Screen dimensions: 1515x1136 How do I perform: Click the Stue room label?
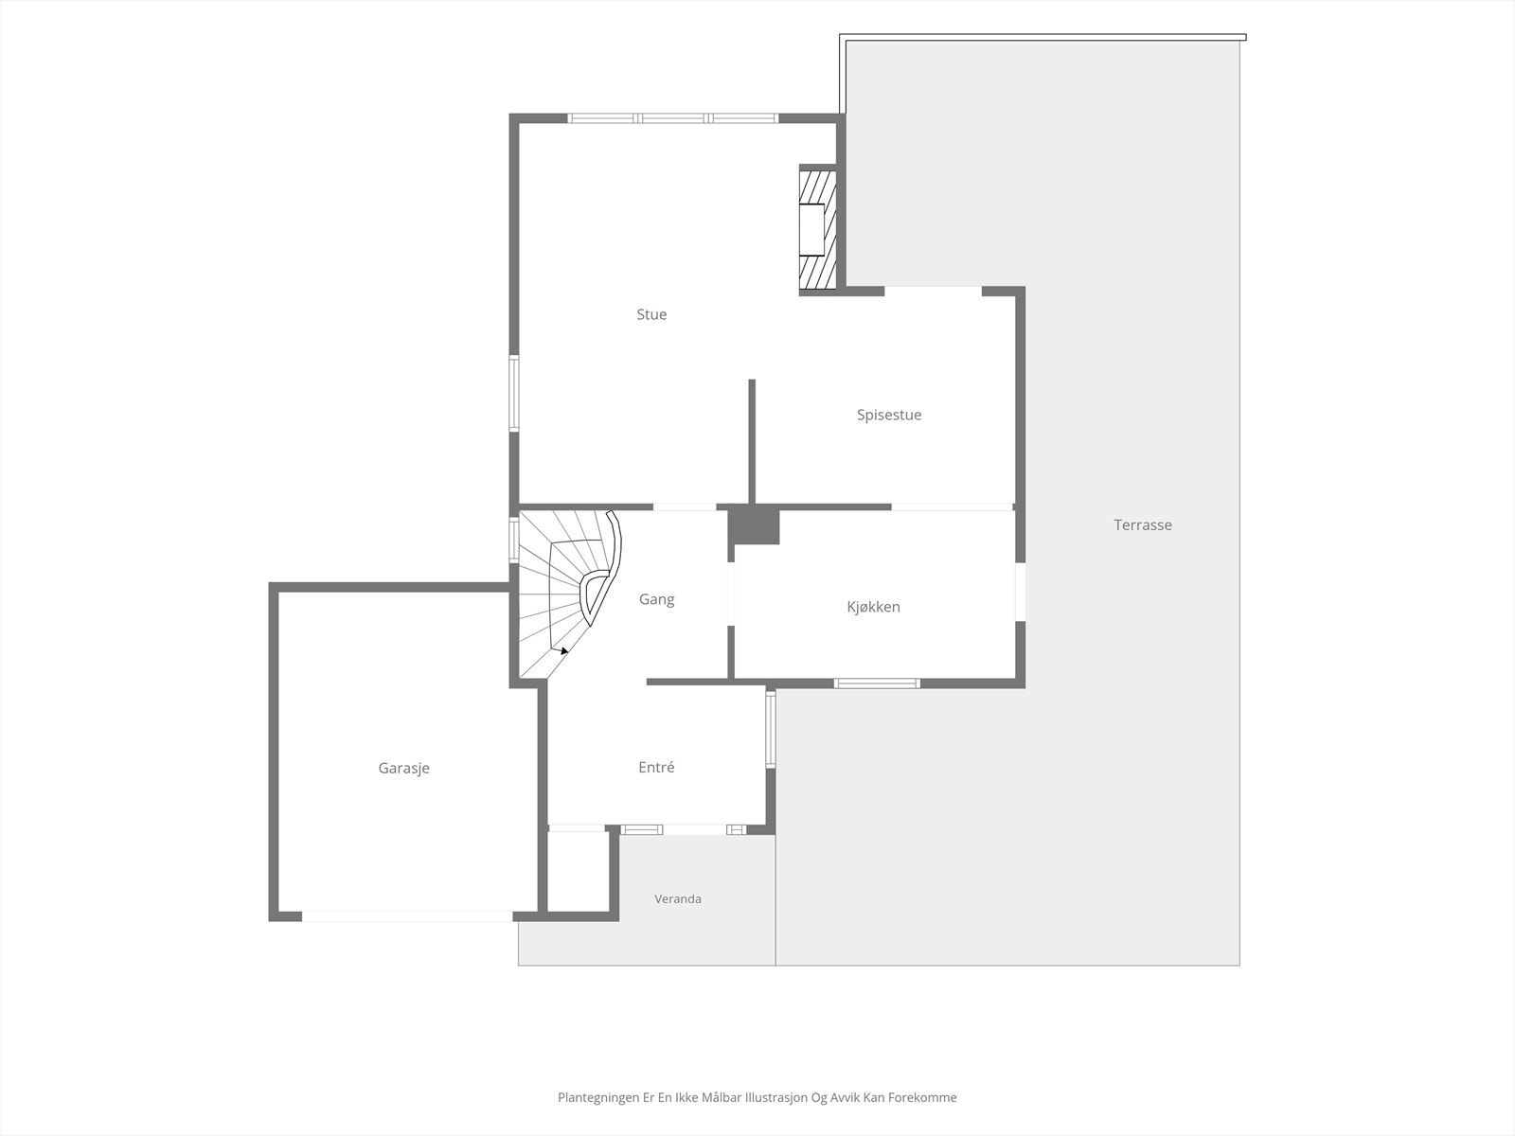coord(651,314)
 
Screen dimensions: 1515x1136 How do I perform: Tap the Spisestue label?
coord(889,416)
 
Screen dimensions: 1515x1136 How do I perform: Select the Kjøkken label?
coord(873,607)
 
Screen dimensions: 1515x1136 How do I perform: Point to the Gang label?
coord(656,599)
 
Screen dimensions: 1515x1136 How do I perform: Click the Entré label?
coord(656,767)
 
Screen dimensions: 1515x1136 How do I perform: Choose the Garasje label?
coord(403,769)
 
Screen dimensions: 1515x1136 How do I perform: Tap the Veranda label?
coord(678,898)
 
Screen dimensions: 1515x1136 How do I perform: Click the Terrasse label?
coord(1143,524)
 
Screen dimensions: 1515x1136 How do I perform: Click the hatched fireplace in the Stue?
coord(818,230)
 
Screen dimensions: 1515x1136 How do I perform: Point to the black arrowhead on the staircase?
coord(564,650)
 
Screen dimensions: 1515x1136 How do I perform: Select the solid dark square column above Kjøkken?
coord(755,527)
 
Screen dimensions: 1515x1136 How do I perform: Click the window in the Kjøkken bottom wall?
coord(877,683)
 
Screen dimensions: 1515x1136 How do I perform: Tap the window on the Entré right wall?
coord(770,729)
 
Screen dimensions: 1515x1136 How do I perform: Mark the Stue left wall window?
coord(514,393)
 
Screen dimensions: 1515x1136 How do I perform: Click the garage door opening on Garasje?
coord(407,916)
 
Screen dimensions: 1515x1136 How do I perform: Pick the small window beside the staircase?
coord(514,540)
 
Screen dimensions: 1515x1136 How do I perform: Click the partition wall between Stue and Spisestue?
coord(752,441)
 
